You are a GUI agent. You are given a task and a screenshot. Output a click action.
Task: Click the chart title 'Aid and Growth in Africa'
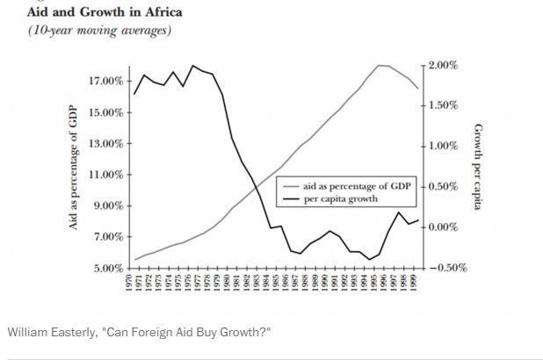[105, 12]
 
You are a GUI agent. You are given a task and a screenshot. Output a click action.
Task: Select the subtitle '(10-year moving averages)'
[99, 30]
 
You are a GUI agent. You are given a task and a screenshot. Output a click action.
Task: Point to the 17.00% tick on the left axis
[105, 82]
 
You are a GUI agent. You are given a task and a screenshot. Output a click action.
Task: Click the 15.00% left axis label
[105, 112]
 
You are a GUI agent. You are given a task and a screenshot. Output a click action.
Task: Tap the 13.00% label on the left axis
[105, 144]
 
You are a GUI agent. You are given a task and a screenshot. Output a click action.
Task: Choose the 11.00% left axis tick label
[105, 175]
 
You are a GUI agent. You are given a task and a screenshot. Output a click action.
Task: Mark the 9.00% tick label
[108, 206]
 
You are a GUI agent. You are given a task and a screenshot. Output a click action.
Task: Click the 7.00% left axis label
[108, 237]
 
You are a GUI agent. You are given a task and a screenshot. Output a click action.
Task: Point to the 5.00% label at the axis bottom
[108, 268]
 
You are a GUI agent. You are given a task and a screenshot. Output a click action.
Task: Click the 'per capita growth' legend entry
[341, 198]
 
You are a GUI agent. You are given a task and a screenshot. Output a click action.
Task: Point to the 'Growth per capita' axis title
[480, 167]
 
